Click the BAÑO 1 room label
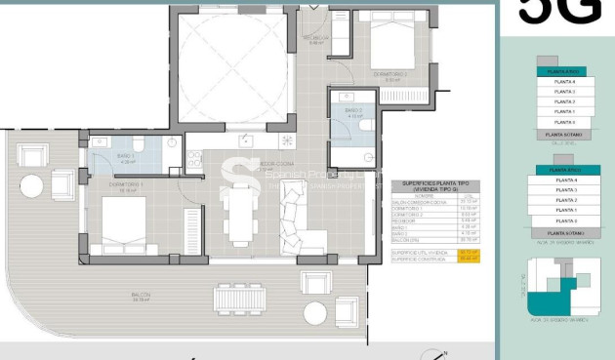click(x=124, y=156)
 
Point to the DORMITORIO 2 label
click(x=388, y=73)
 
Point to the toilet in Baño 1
click(x=138, y=145)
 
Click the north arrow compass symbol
click(x=442, y=353)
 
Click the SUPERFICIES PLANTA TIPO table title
click(x=429, y=185)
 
